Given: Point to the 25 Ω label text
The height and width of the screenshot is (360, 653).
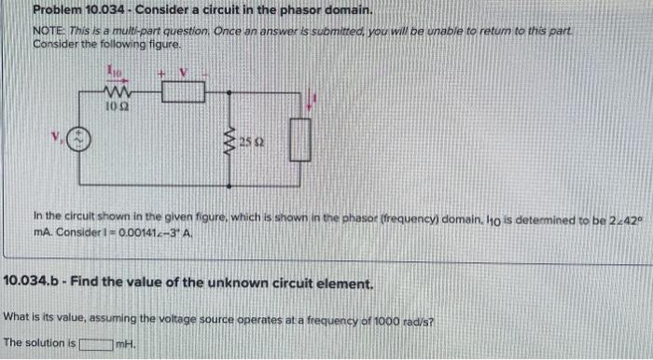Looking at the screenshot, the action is point(246,142).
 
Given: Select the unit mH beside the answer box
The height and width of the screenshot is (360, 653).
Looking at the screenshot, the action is point(122,342).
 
